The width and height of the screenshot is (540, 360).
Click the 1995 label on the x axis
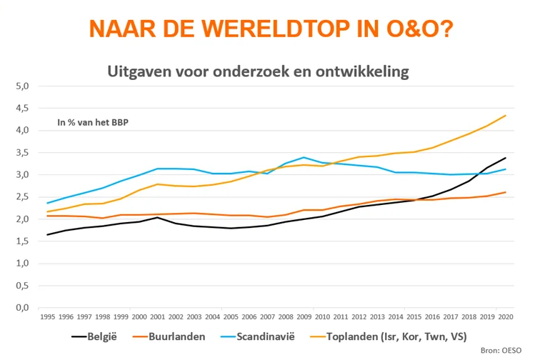point(47,316)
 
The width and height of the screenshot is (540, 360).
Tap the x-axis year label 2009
point(303,316)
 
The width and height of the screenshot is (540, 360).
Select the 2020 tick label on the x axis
point(504,316)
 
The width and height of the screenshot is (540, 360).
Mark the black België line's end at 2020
point(506,158)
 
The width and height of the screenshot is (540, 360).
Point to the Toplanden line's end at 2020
point(506,116)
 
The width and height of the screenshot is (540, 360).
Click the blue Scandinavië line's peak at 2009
point(304,157)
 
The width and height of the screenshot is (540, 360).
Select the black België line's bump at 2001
point(157,217)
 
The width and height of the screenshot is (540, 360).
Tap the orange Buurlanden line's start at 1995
point(47,216)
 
